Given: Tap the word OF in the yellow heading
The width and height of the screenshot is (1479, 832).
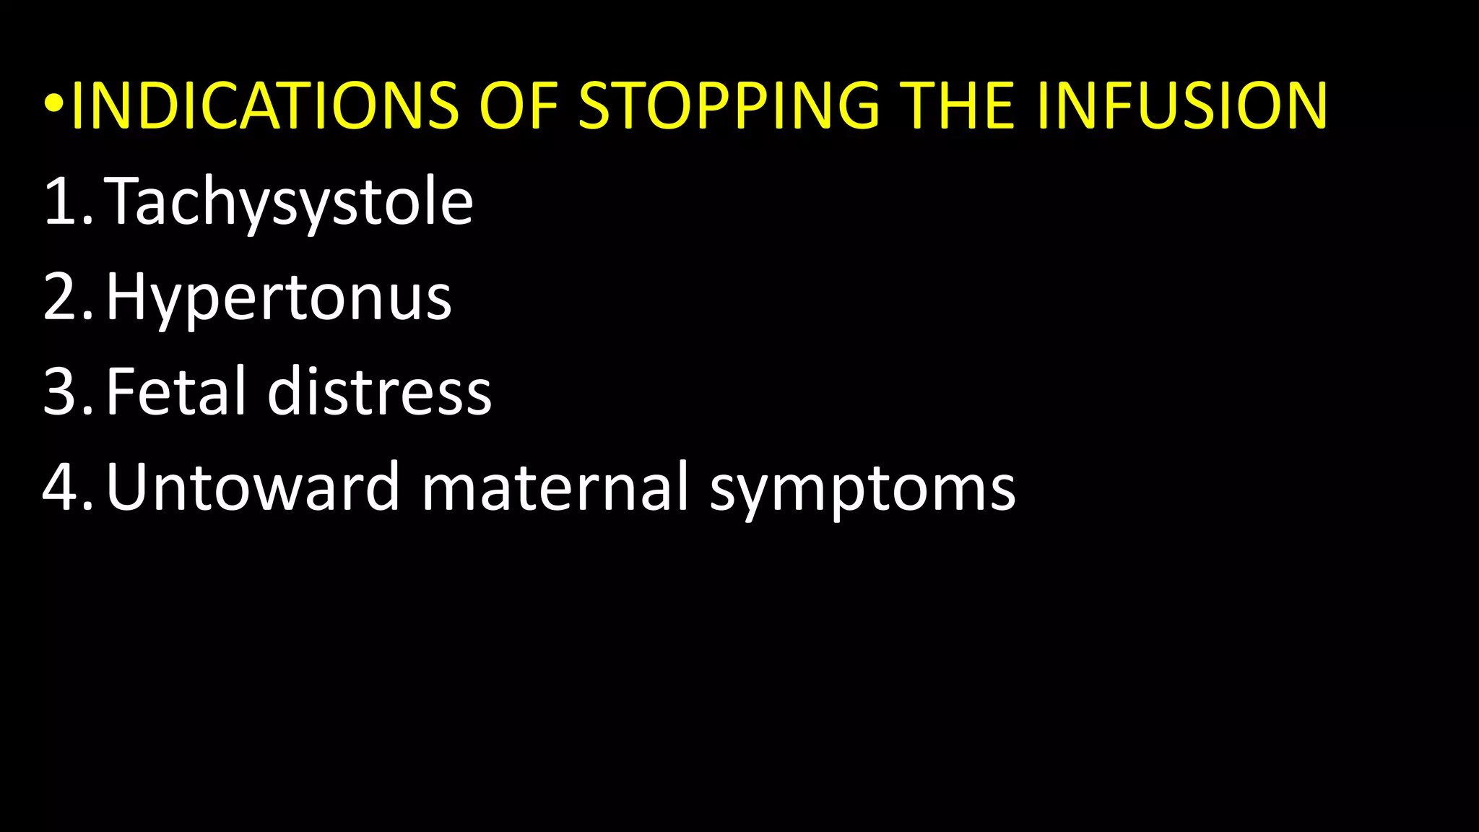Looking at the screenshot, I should pos(519,106).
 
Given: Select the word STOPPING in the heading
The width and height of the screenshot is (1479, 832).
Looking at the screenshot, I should pos(729,106).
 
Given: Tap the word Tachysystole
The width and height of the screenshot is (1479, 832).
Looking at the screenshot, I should pos(289,201).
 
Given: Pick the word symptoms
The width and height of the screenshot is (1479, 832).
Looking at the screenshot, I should pos(862,489).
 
